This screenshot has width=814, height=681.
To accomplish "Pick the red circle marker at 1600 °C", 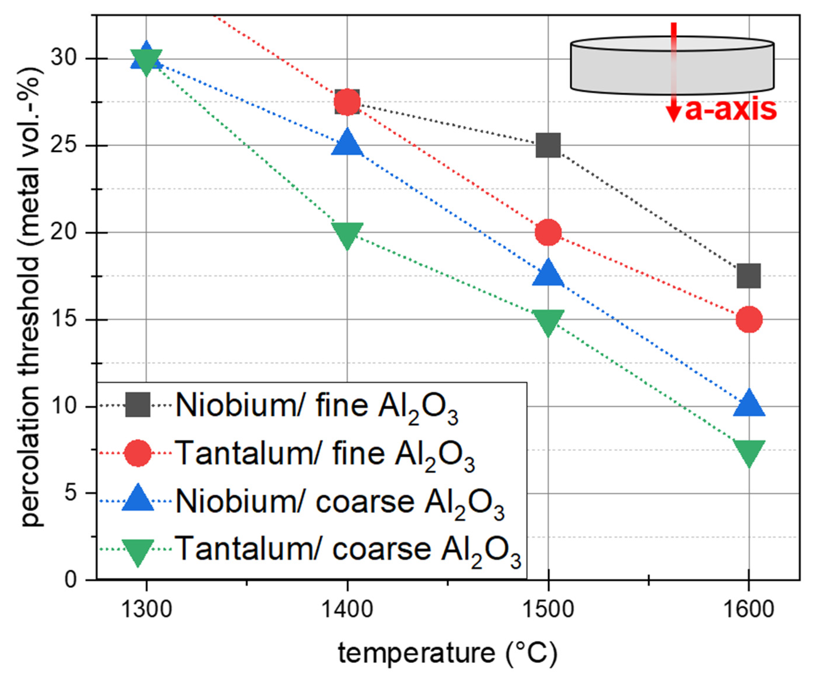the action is pos(749,319).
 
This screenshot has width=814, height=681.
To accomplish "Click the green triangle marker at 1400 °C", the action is pos(347,236).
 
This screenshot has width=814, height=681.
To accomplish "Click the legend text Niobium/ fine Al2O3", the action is pos(317,407).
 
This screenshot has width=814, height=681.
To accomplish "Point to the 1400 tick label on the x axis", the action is pos(347,609).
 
